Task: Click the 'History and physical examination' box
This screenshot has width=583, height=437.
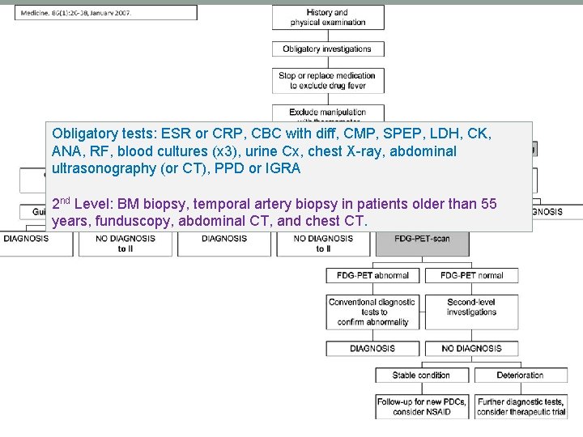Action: click(328, 18)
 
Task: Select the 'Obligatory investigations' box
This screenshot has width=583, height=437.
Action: click(328, 49)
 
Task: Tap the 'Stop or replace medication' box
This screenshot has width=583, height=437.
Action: click(328, 80)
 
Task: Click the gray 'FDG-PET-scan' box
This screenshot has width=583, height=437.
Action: click(422, 239)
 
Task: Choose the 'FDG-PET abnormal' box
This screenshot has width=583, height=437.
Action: click(373, 275)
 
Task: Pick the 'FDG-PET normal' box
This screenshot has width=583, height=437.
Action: click(471, 275)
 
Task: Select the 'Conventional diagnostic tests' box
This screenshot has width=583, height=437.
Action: click(373, 312)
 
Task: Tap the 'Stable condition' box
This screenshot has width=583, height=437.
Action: click(421, 375)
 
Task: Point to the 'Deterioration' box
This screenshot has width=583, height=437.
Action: click(520, 375)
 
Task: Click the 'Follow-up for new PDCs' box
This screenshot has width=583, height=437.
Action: click(421, 406)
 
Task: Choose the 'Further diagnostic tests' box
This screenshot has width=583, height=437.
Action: click(520, 406)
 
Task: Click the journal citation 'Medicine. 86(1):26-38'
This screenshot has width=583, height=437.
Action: click(76, 13)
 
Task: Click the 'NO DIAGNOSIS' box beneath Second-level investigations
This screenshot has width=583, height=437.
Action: click(471, 349)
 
